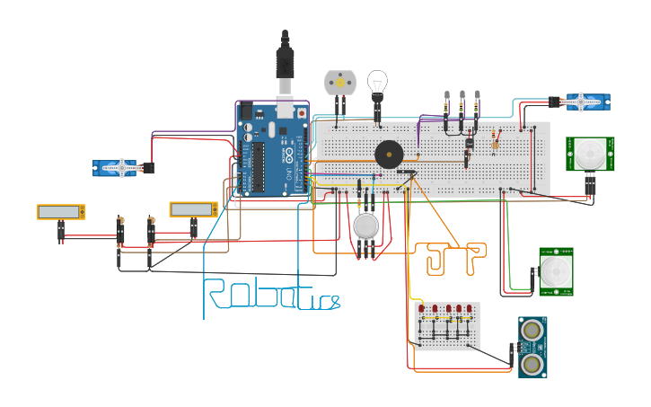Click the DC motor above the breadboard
click(340, 83)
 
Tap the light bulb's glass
click(378, 81)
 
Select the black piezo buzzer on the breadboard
click(389, 154)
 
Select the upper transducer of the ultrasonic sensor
click(532, 331)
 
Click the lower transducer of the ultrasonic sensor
click(532, 363)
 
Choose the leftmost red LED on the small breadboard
click(422, 308)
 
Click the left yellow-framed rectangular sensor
click(61, 212)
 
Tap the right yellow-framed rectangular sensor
click(194, 209)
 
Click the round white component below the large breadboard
click(366, 226)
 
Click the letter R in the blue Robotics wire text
click(215, 294)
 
